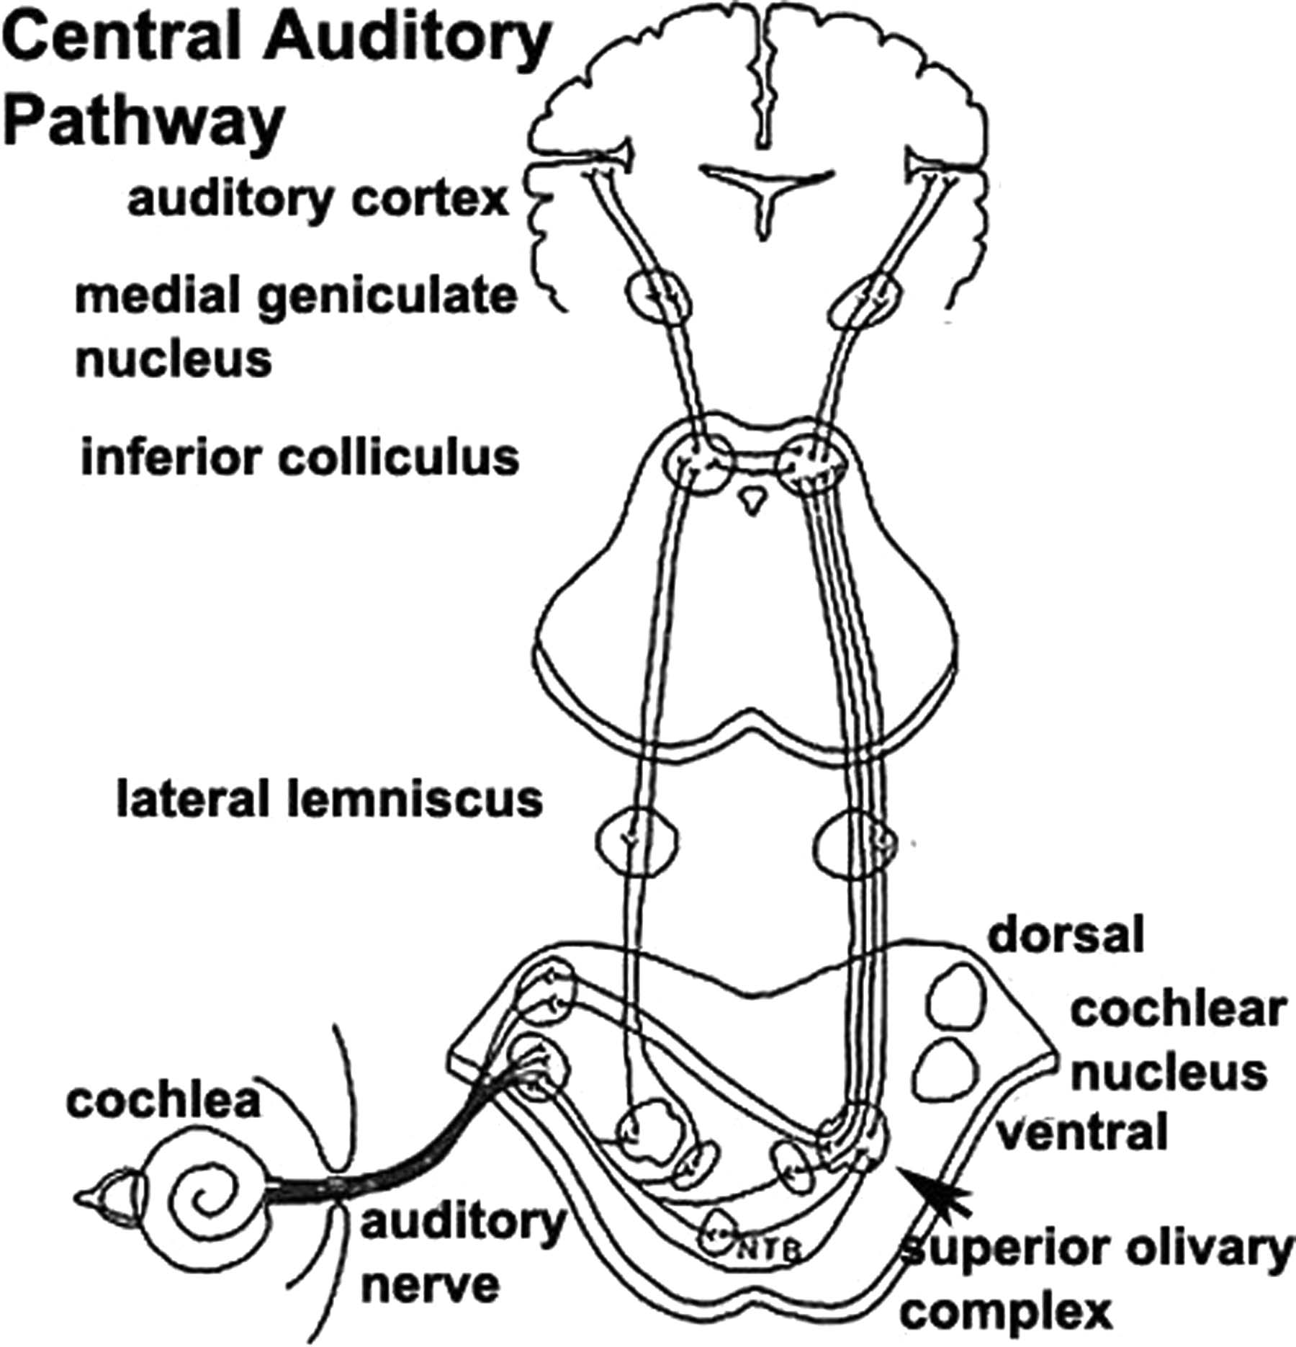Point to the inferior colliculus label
300,457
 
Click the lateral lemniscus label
329,801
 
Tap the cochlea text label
163,1100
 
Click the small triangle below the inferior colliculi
753,498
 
